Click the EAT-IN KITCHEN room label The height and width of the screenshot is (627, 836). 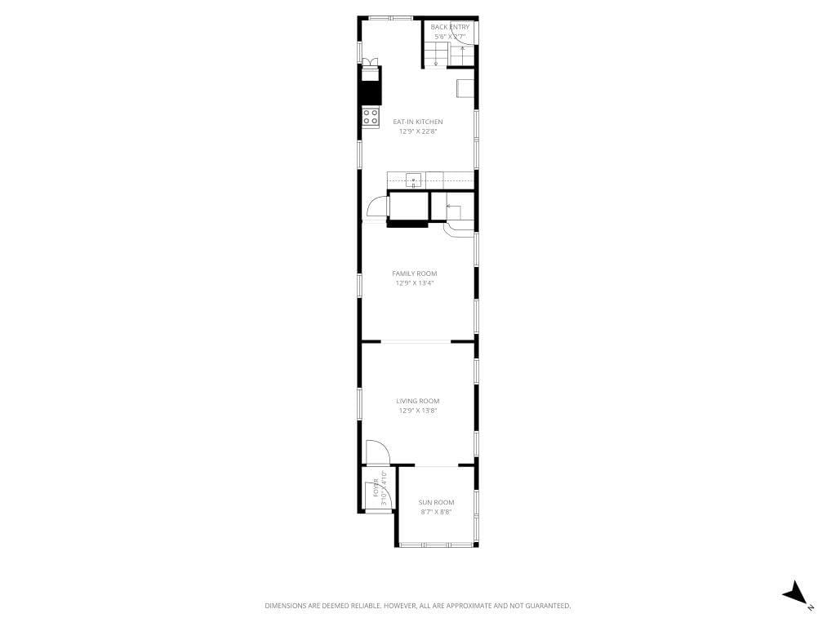(x=418, y=122)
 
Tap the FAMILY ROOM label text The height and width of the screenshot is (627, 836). (x=415, y=273)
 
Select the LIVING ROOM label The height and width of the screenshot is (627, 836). (x=418, y=401)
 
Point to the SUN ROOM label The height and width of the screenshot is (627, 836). (x=436, y=502)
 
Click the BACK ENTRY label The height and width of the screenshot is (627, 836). (x=450, y=27)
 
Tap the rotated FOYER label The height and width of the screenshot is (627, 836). (x=376, y=487)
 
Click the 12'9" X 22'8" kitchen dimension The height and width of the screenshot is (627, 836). (x=418, y=131)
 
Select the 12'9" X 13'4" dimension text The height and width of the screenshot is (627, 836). (x=415, y=283)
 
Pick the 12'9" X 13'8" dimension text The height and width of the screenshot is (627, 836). (x=418, y=411)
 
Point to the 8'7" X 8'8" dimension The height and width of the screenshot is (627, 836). (x=436, y=512)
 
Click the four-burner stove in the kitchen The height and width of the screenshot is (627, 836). (x=371, y=117)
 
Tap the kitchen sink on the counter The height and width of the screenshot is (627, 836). (x=414, y=180)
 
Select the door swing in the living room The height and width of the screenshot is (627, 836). (x=377, y=451)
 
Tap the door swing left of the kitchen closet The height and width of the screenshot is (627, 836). (x=377, y=208)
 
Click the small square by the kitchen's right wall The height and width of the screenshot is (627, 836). (x=465, y=87)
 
